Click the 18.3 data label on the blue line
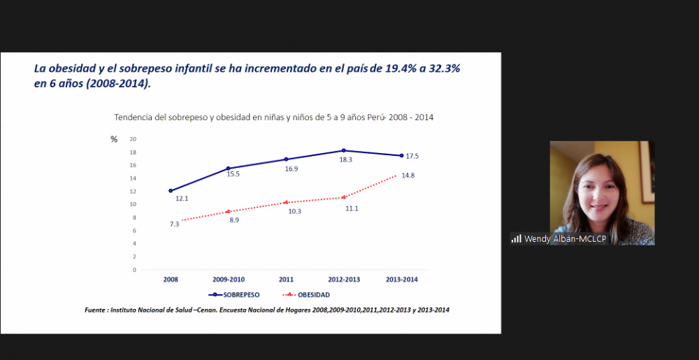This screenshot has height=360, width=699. [346, 159]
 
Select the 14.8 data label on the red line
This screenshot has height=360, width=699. [408, 175]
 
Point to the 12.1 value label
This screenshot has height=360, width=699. [182, 199]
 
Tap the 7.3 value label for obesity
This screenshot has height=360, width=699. [174, 224]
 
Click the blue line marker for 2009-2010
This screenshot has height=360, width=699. [229, 168]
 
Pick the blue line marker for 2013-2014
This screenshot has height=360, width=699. [401, 155]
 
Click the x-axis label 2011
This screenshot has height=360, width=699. [287, 279]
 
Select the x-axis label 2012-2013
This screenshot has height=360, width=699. [344, 279]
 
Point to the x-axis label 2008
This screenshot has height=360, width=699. [171, 279]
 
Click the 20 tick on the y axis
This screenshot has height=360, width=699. [132, 139]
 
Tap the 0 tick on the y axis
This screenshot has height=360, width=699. [134, 270]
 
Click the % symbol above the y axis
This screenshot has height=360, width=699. [114, 139]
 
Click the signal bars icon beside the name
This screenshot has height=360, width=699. [516, 239]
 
